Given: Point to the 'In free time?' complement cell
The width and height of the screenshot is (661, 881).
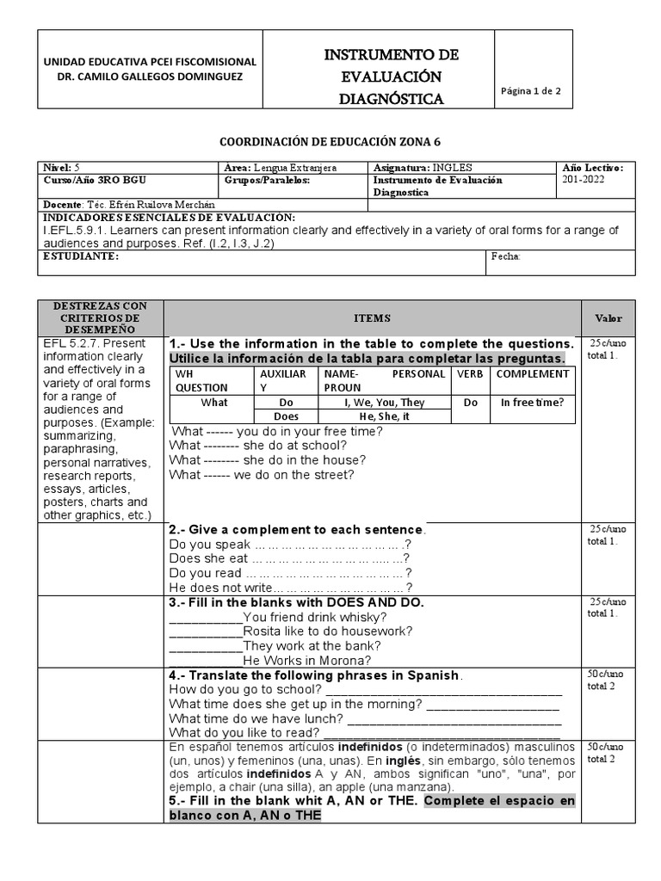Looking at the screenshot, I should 533,402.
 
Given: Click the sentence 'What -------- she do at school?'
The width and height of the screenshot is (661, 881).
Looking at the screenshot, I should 258,445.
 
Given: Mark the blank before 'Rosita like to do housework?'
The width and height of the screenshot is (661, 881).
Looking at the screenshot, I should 206,631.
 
